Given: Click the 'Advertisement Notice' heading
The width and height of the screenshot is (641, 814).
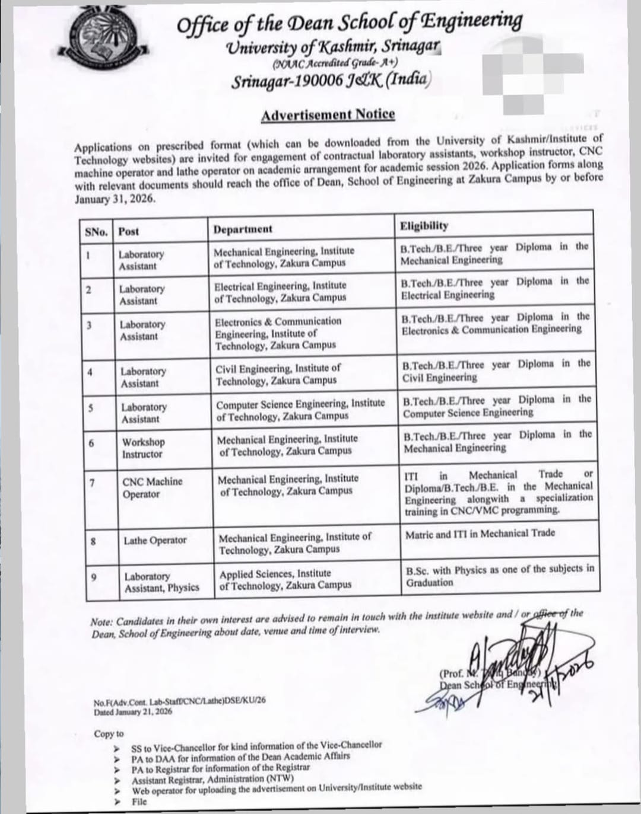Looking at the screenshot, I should click(328, 114).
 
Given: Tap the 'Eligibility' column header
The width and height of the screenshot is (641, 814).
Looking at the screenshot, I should click(424, 226).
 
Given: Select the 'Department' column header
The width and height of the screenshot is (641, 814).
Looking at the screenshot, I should click(243, 229).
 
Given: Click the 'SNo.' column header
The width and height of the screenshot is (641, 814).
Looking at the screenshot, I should click(96, 231).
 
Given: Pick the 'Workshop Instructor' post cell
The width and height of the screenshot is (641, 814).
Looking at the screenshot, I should click(143, 448).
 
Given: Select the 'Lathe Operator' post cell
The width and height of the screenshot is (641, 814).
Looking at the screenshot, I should click(155, 540).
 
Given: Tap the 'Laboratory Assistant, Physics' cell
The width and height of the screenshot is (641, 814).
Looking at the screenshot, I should click(161, 582).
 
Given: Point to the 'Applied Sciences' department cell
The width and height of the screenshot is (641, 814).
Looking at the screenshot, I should click(285, 579).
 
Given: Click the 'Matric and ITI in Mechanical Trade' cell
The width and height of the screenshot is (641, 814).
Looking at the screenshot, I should click(480, 534).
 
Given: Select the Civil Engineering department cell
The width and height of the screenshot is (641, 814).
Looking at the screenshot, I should click(278, 374).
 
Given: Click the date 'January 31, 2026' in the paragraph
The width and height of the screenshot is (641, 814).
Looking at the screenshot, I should click(116, 200).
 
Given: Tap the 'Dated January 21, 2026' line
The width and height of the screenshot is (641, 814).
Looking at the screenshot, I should click(133, 711).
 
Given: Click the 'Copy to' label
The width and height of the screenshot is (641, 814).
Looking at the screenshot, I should click(109, 734).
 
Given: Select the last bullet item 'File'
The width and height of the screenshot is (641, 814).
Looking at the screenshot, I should click(139, 802).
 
